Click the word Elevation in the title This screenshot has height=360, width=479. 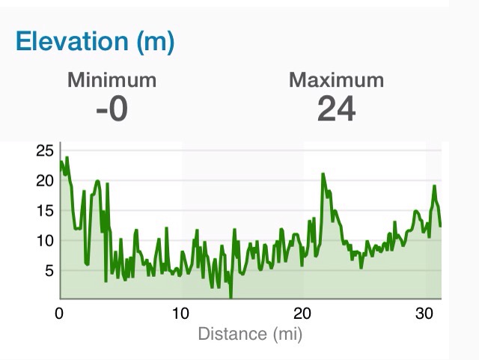coord(72,42)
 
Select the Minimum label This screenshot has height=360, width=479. coord(112,80)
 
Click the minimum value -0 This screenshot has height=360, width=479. coord(112,109)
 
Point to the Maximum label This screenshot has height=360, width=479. coord(336,80)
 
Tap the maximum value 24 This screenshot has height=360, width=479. coord(336,109)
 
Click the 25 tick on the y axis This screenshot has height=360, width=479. coord(45,150)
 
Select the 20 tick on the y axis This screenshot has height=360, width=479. coord(45,180)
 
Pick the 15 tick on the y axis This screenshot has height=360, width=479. coord(45,210)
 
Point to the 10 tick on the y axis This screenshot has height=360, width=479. coord(45,240)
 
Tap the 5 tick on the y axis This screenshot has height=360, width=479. coord(49,270)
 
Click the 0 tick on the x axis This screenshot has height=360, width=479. coord(60,314)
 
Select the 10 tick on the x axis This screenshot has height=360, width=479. coord(181,314)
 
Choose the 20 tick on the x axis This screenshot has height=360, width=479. coord(302,314)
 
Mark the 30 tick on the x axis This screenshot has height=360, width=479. coord(424,314)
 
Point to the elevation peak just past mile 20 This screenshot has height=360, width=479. coord(323,174)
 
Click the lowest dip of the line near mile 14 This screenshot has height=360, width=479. coord(231,296)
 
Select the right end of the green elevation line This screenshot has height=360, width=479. coord(441,225)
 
